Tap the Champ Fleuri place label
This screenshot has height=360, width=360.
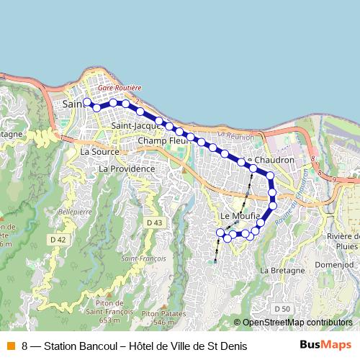(162, 140)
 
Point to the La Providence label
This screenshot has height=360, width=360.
(127, 168)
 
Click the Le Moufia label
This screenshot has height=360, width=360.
(235, 215)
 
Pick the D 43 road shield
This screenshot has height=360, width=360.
(154, 223)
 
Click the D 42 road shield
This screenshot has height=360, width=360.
(58, 239)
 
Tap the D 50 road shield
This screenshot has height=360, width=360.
(282, 308)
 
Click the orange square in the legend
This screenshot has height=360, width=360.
(9, 346)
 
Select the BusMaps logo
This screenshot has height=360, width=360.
(325, 346)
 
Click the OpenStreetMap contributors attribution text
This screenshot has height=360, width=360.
(297, 323)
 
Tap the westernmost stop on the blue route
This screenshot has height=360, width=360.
(86, 102)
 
